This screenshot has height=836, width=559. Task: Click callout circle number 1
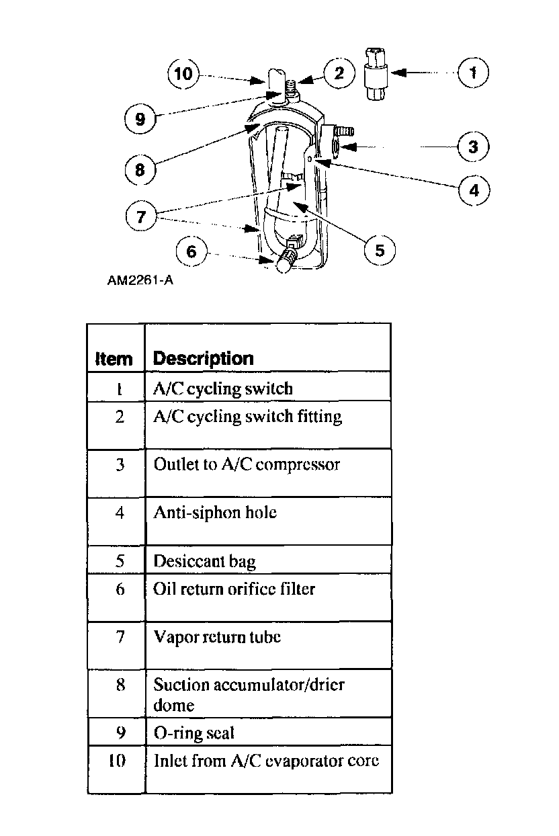(473, 72)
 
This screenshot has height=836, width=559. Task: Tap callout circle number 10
(183, 73)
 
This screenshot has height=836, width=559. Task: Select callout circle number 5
(380, 250)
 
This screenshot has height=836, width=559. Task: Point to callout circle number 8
(140, 170)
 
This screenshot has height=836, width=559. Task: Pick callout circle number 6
(191, 251)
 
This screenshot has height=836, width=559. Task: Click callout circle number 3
(473, 146)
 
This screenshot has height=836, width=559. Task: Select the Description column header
(204, 358)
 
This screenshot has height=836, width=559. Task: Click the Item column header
(114, 359)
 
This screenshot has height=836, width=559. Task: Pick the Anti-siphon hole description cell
(215, 513)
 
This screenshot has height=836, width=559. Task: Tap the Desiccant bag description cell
(204, 560)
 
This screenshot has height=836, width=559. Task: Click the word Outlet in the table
(172, 464)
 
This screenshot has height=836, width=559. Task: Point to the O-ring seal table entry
(194, 732)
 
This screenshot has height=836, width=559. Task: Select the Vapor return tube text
(216, 636)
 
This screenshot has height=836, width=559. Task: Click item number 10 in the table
(116, 762)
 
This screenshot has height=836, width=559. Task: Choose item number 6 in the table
(120, 589)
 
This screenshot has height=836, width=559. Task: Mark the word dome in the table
(173, 705)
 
